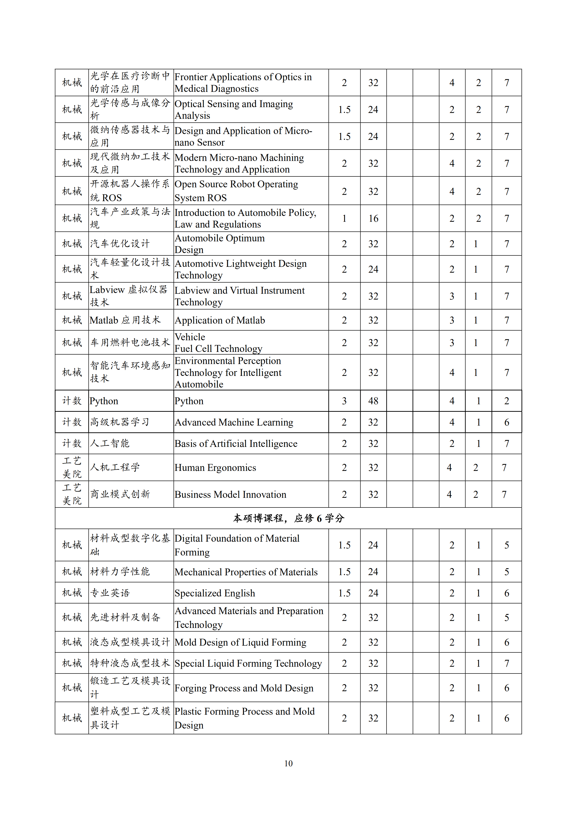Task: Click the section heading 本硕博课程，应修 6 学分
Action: [x=288, y=518]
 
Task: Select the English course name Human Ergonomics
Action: [x=215, y=468]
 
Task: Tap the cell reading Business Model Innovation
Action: [x=230, y=494]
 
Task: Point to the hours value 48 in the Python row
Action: [x=373, y=401]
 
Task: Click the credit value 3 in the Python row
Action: [x=344, y=401]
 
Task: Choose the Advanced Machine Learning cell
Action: [x=234, y=422]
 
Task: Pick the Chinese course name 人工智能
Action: [x=110, y=443]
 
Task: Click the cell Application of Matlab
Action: [x=220, y=320]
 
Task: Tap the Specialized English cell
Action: [x=215, y=593]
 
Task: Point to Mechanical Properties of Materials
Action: [x=246, y=572]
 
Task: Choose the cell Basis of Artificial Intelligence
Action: [x=236, y=444]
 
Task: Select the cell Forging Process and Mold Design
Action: [x=244, y=688]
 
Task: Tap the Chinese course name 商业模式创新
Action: [x=120, y=494]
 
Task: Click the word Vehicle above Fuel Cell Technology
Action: [x=190, y=337]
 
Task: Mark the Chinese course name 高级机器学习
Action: [x=120, y=422]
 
